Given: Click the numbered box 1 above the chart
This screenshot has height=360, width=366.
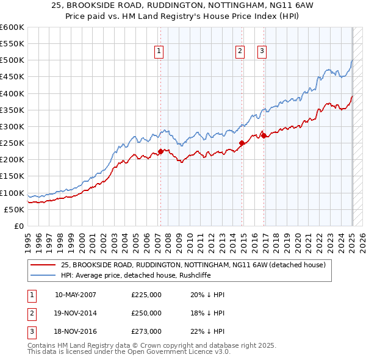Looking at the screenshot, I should (x=159, y=51).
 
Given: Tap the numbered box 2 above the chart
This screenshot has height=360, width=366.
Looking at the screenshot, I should (x=240, y=51).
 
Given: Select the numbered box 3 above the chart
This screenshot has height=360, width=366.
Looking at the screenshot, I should (x=262, y=51).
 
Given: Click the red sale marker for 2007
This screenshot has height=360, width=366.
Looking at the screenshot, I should (x=160, y=151).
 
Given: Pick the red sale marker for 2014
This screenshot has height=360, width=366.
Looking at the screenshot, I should (x=242, y=143).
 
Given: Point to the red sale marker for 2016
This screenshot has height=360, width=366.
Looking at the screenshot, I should (x=264, y=135).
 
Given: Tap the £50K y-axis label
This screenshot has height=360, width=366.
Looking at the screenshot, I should (x=14, y=209).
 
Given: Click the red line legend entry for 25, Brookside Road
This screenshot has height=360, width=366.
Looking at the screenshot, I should (x=193, y=265).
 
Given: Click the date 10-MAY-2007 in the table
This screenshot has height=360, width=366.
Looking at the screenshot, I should (x=76, y=295).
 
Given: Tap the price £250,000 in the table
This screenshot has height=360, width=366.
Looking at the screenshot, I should (x=146, y=313).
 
